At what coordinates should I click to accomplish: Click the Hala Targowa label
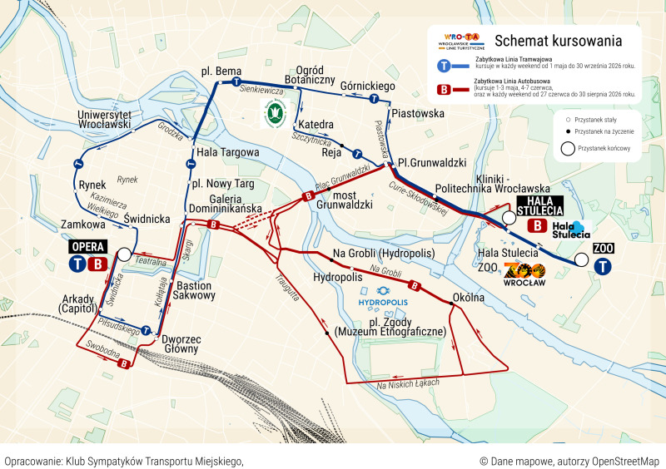[x=227, y=153]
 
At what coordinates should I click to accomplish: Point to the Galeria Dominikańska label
[x=226, y=205]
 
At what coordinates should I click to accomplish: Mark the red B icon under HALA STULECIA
[x=539, y=225]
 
